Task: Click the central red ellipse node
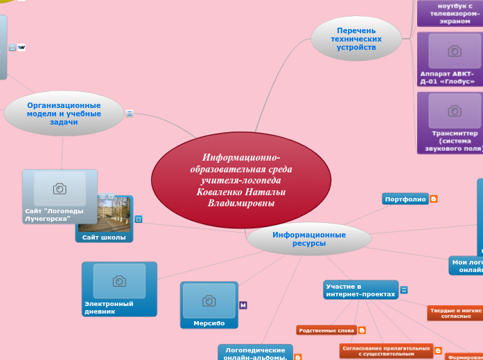point(240,179)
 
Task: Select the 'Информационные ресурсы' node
point(309,239)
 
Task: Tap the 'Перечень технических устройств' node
point(356,39)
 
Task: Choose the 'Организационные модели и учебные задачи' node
point(64,114)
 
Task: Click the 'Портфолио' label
point(405,199)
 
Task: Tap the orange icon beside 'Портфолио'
point(434,199)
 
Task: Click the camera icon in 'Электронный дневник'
point(119,280)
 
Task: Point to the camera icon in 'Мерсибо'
point(209,300)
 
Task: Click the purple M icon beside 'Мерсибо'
point(243,305)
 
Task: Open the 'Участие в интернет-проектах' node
point(360,290)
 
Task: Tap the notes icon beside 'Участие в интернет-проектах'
point(404,290)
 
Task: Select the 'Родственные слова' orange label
point(326,330)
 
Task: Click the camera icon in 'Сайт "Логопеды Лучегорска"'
point(60,188)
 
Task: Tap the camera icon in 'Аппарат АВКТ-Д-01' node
point(455,51)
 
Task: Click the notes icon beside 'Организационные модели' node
point(130,114)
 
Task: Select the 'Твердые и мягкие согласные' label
point(456,313)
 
